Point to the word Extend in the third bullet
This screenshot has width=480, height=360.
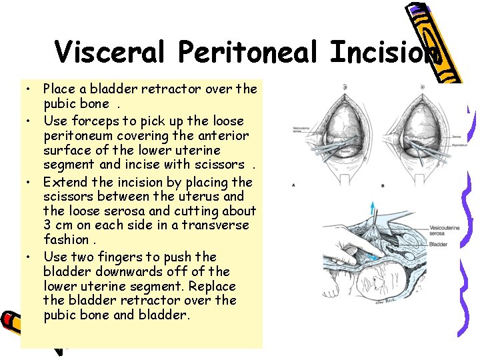[65, 182]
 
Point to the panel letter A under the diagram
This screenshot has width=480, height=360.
[293, 184]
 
